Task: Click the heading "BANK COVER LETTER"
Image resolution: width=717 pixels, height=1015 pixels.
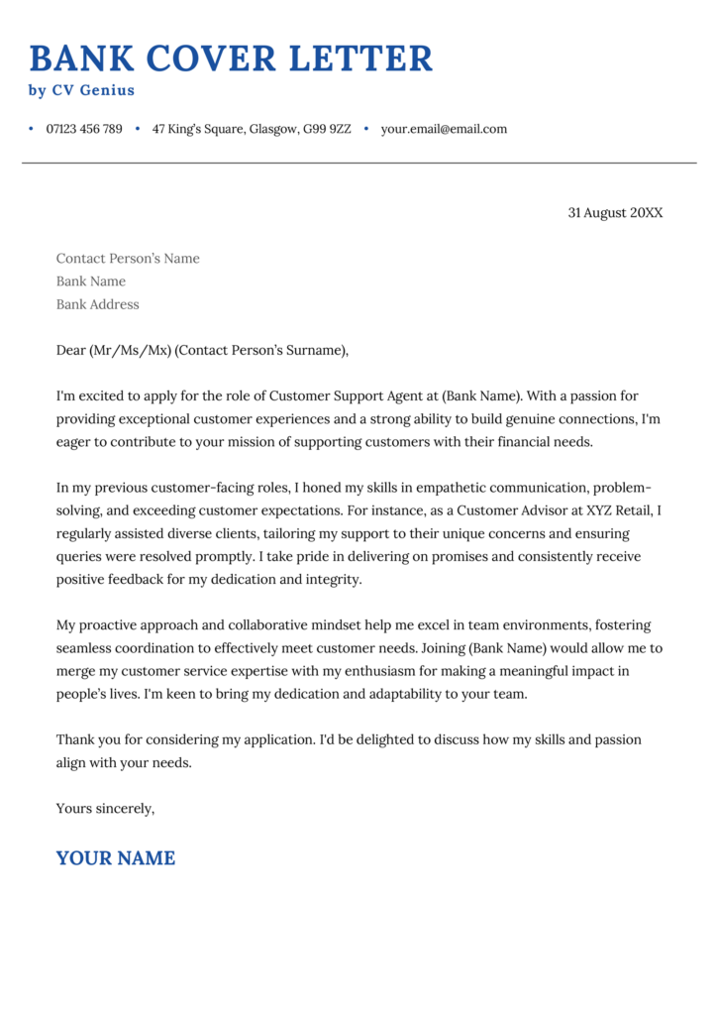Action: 231,58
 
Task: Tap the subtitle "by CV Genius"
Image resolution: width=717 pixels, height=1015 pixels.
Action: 81,90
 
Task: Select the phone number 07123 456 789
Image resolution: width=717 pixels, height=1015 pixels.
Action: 84,129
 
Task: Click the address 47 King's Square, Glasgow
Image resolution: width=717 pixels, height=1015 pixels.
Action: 251,129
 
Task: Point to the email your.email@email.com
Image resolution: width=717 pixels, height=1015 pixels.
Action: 444,129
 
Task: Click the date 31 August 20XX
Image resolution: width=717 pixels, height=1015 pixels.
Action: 615,212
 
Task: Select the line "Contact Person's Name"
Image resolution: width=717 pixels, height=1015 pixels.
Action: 128,259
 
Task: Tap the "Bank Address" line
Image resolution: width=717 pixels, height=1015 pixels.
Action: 97,304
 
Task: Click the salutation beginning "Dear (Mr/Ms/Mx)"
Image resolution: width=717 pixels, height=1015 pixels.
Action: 203,350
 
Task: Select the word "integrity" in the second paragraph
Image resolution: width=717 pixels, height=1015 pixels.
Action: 331,579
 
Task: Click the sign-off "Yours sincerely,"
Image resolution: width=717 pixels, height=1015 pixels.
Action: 105,808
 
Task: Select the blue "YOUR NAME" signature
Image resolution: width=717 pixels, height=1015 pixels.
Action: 115,858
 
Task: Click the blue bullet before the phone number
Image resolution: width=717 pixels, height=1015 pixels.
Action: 32,129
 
